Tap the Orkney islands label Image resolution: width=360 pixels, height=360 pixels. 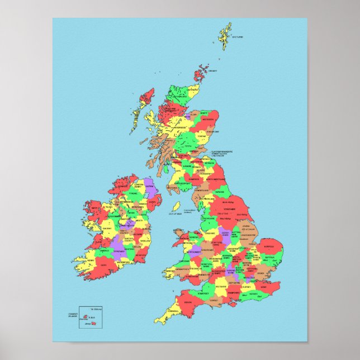click(212, 71)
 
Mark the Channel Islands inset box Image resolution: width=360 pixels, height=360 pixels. click(88, 318)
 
